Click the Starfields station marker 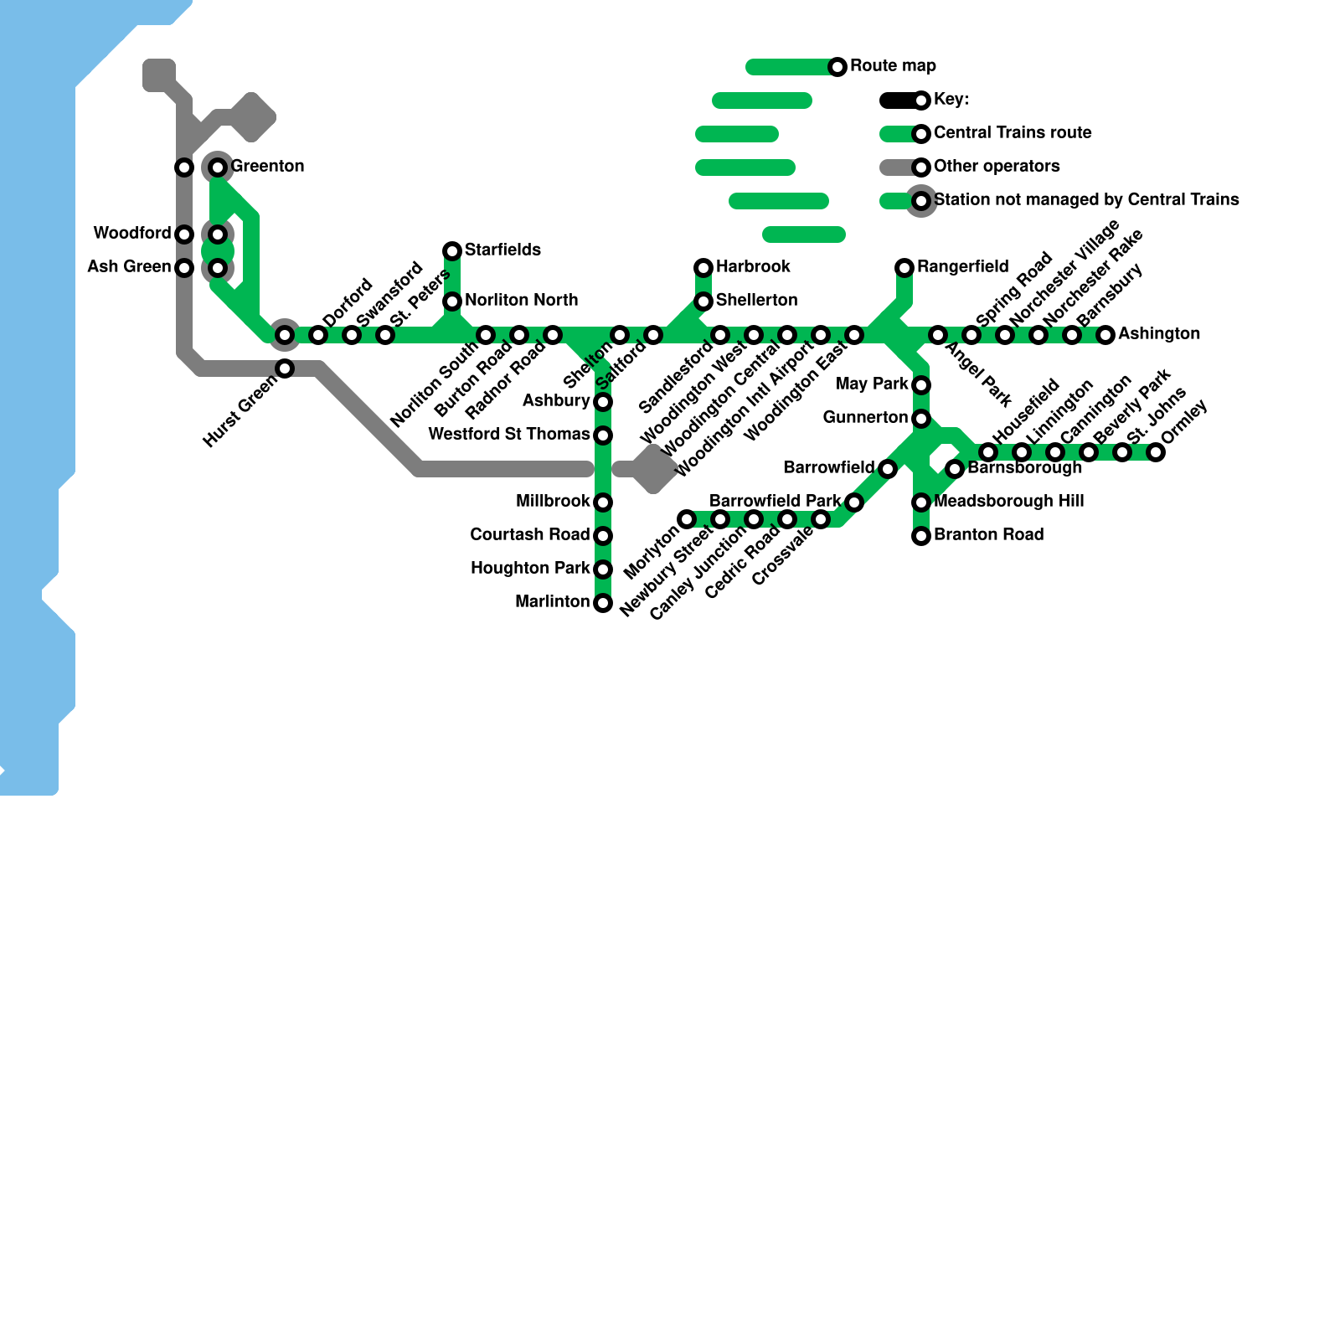[x=452, y=251]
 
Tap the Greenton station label [x=267, y=167]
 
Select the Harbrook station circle [x=703, y=268]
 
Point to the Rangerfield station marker [x=904, y=268]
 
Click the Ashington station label [x=1159, y=334]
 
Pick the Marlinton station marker [x=603, y=603]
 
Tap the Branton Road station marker [x=921, y=536]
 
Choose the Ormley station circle [x=1156, y=452]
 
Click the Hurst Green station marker [x=285, y=368]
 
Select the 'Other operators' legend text [x=997, y=167]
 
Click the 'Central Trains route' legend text [x=1013, y=133]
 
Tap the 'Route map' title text [x=893, y=66]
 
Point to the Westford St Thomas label [x=508, y=435]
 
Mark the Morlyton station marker [x=687, y=519]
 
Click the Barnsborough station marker [x=955, y=469]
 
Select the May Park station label [x=872, y=384]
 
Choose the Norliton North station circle [x=452, y=301]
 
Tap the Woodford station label [x=131, y=234]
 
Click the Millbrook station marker [x=603, y=502]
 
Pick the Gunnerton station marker [x=921, y=419]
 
